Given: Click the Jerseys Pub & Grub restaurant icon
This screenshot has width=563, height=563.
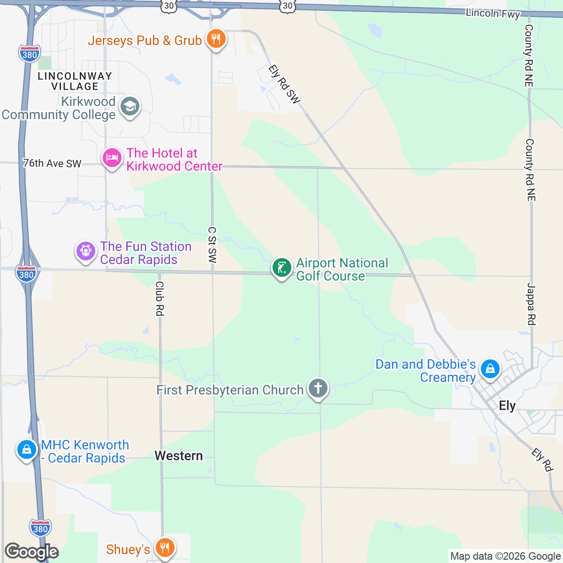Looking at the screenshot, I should (215, 39).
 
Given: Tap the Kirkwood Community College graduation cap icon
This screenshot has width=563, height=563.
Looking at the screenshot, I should (129, 107).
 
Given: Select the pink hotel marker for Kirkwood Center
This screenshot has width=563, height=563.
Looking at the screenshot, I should (112, 158).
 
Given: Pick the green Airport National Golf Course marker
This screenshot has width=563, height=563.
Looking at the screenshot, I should (281, 268).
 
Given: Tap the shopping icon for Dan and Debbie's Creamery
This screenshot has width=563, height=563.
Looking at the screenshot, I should (490, 369).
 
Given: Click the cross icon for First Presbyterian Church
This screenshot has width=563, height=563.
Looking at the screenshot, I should (318, 388).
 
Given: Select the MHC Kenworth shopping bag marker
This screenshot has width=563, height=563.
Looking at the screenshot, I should (27, 449).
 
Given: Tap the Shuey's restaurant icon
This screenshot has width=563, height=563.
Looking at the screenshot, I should (164, 547).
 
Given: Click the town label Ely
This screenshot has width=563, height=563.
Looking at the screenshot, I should (507, 406).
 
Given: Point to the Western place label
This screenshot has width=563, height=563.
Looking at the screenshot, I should (179, 456).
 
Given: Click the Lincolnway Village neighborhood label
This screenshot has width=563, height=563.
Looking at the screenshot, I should (75, 81).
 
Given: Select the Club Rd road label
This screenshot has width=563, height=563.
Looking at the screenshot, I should (160, 298).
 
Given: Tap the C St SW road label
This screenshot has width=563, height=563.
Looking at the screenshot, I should (213, 244).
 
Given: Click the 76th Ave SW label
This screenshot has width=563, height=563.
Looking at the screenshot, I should (52, 163).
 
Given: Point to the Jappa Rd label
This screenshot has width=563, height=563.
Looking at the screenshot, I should (531, 304).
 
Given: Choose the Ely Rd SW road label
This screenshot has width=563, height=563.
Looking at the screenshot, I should (284, 84).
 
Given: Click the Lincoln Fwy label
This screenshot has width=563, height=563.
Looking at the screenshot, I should (493, 14).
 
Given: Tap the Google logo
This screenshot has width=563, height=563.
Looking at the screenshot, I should (31, 552).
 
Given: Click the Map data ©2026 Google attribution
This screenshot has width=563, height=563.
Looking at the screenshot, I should (505, 556).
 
